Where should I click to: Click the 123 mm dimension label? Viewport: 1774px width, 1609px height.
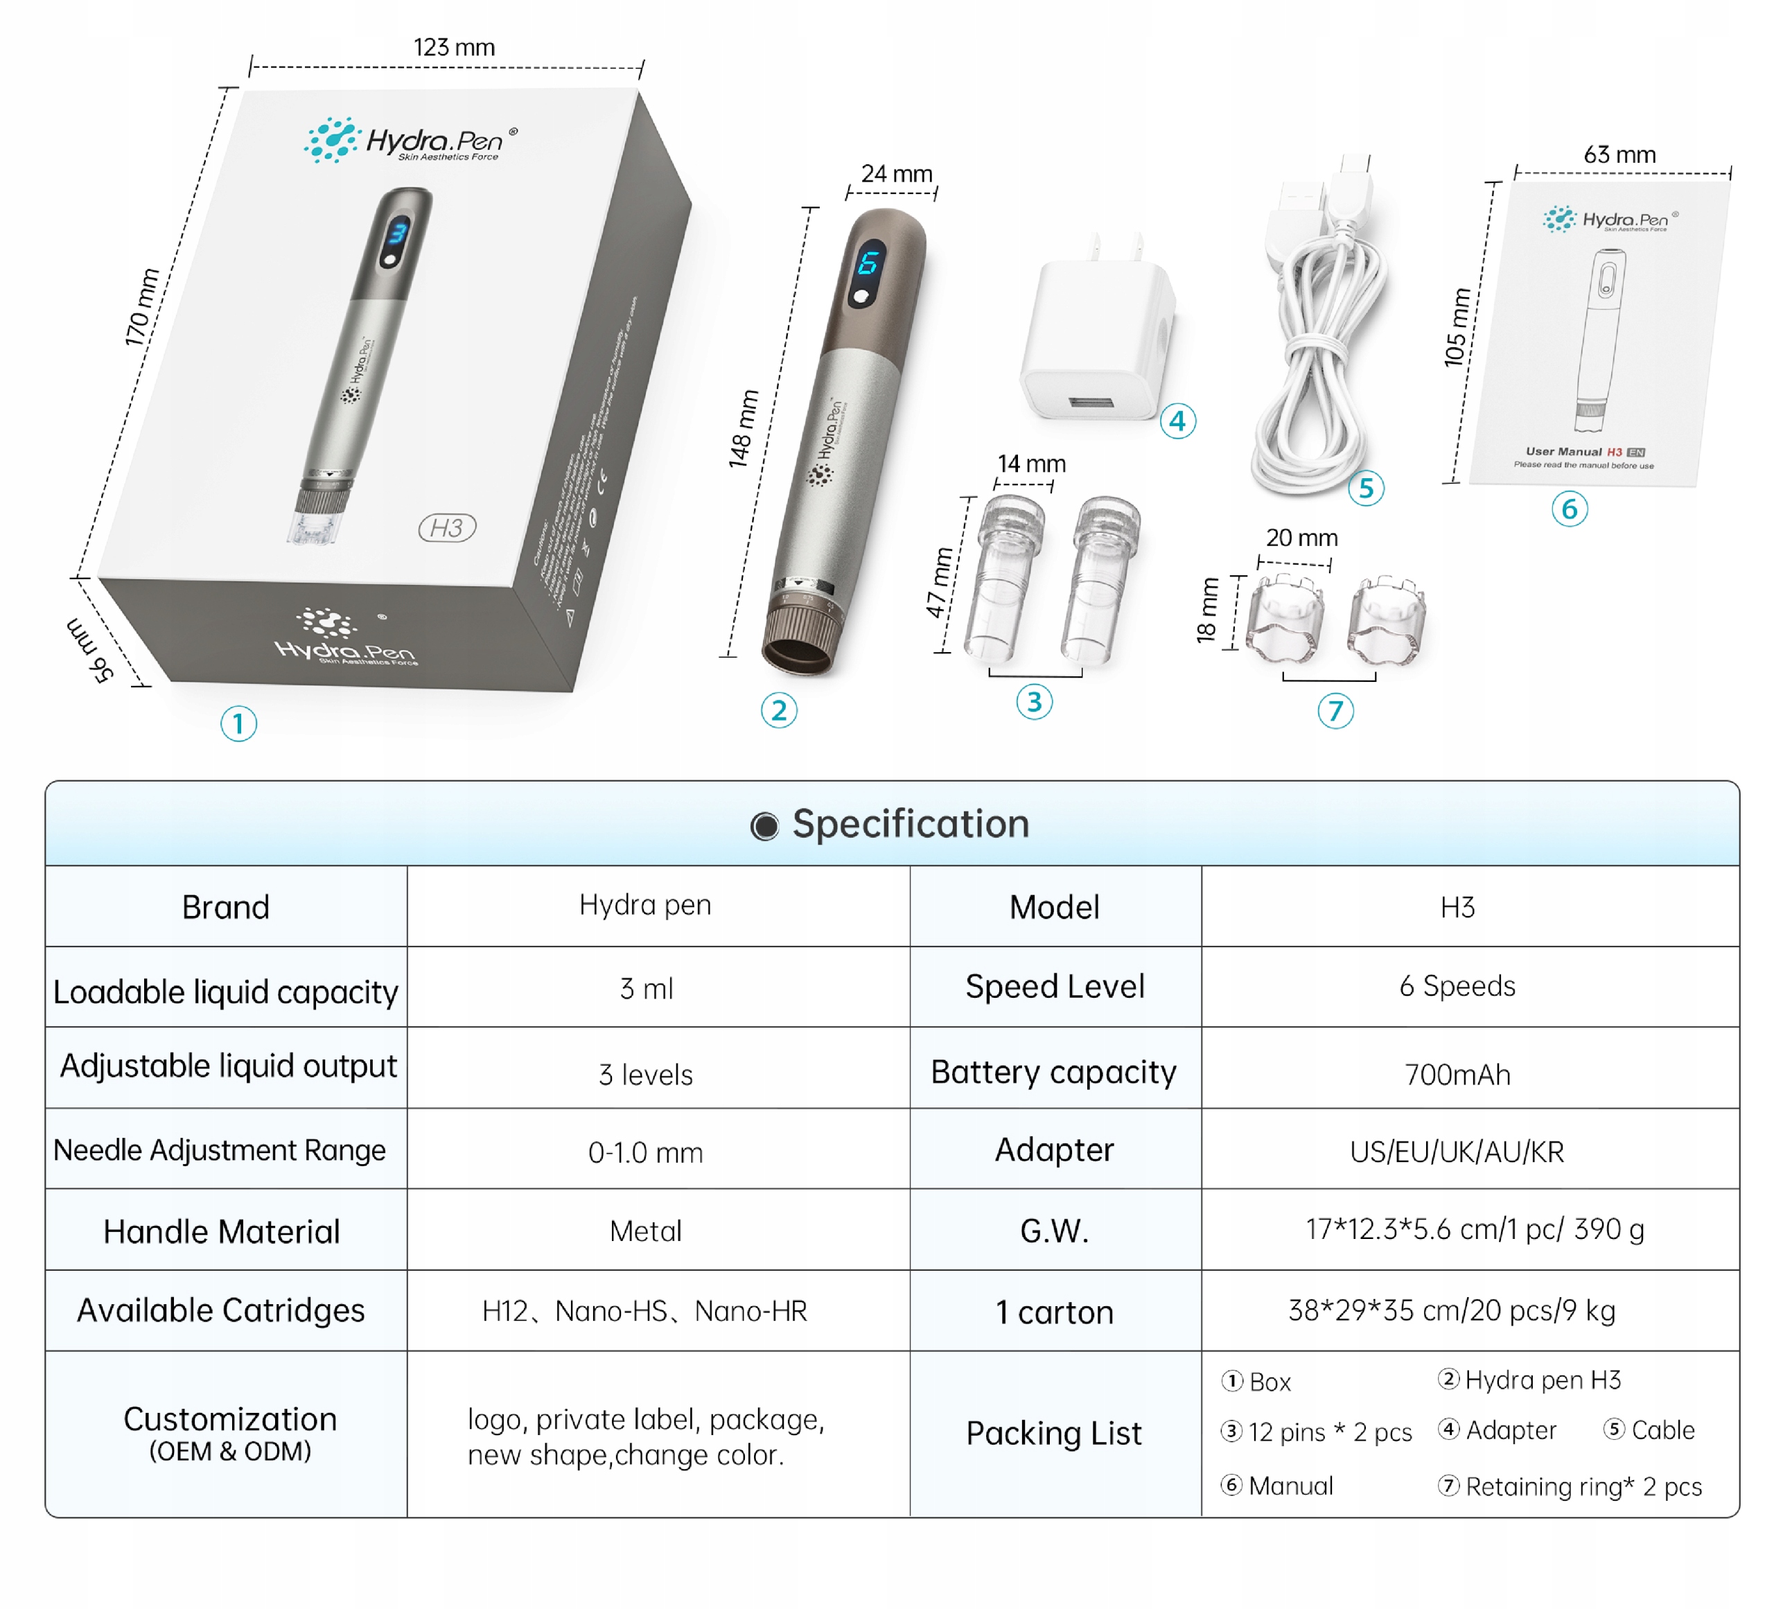(x=454, y=48)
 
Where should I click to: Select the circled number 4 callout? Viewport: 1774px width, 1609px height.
(x=1177, y=421)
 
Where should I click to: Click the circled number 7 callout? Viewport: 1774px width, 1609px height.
(x=1335, y=711)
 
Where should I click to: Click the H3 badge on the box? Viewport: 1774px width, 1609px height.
(x=447, y=528)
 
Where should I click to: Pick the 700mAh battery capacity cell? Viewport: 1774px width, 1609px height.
(x=1457, y=1074)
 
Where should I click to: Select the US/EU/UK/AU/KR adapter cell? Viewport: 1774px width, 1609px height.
(x=1457, y=1152)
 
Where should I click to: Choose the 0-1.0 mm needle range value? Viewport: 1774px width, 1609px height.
(x=645, y=1152)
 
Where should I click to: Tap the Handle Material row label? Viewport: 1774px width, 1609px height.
(x=222, y=1231)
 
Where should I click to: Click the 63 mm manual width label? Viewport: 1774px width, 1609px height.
(x=1619, y=155)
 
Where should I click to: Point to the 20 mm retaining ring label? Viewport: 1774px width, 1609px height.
(x=1301, y=538)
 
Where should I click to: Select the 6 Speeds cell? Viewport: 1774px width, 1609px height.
(x=1457, y=986)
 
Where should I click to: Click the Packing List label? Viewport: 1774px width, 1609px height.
(x=1053, y=1433)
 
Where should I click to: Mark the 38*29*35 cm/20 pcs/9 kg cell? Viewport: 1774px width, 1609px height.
(x=1452, y=1311)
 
